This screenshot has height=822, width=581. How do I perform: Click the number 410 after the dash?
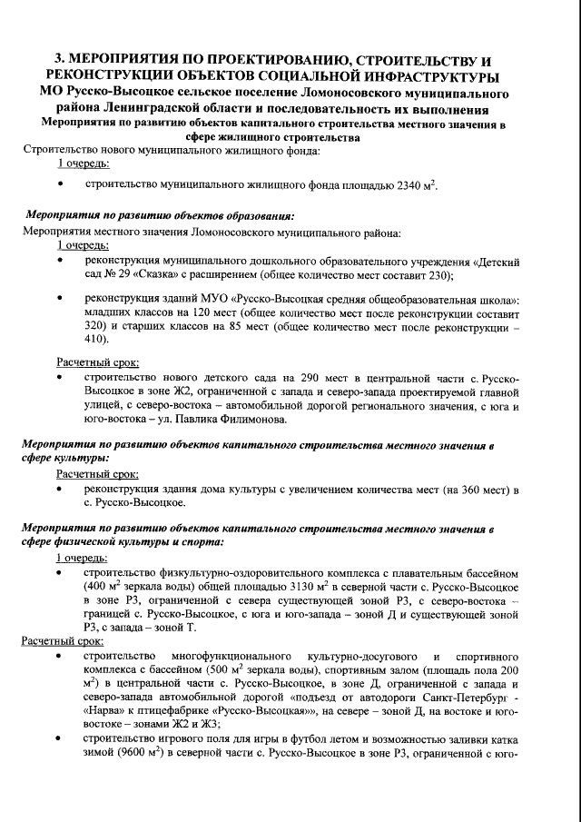click(96, 339)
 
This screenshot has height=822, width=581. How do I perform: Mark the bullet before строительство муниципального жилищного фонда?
click(60, 184)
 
